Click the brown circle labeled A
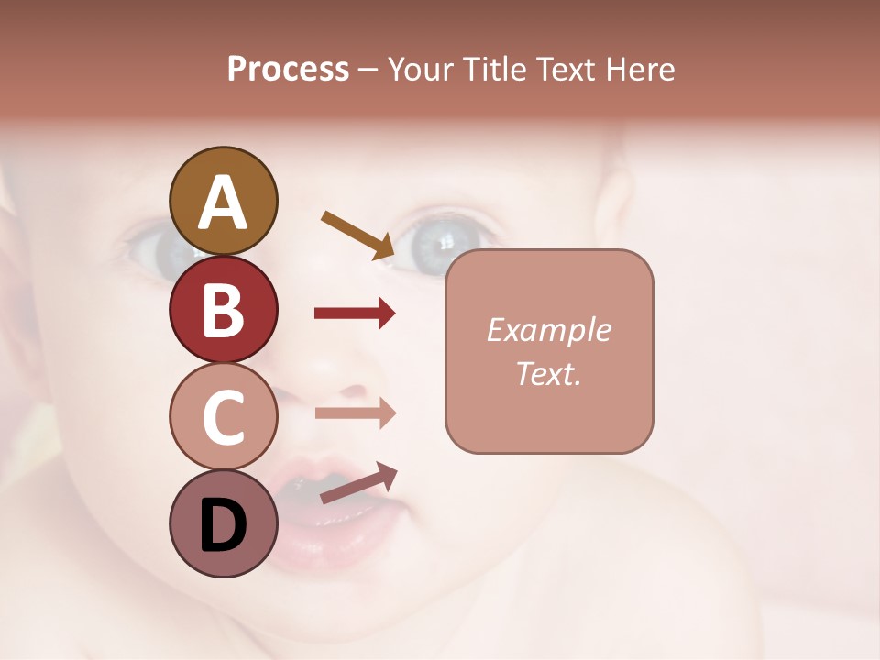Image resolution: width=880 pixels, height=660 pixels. (224, 201)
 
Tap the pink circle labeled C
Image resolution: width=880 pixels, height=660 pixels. (224, 416)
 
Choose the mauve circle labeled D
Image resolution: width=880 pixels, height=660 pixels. (224, 523)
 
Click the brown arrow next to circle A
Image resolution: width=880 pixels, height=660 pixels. (358, 235)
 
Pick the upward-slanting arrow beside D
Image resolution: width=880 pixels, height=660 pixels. (358, 483)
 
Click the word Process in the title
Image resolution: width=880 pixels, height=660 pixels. (288, 69)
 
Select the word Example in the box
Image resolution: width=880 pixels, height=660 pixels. (548, 330)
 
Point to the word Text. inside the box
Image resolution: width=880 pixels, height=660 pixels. (548, 373)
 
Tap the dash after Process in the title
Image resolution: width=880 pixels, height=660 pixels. (368, 70)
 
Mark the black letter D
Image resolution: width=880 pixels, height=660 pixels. (224, 525)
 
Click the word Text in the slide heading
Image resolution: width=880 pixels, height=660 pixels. (565, 69)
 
